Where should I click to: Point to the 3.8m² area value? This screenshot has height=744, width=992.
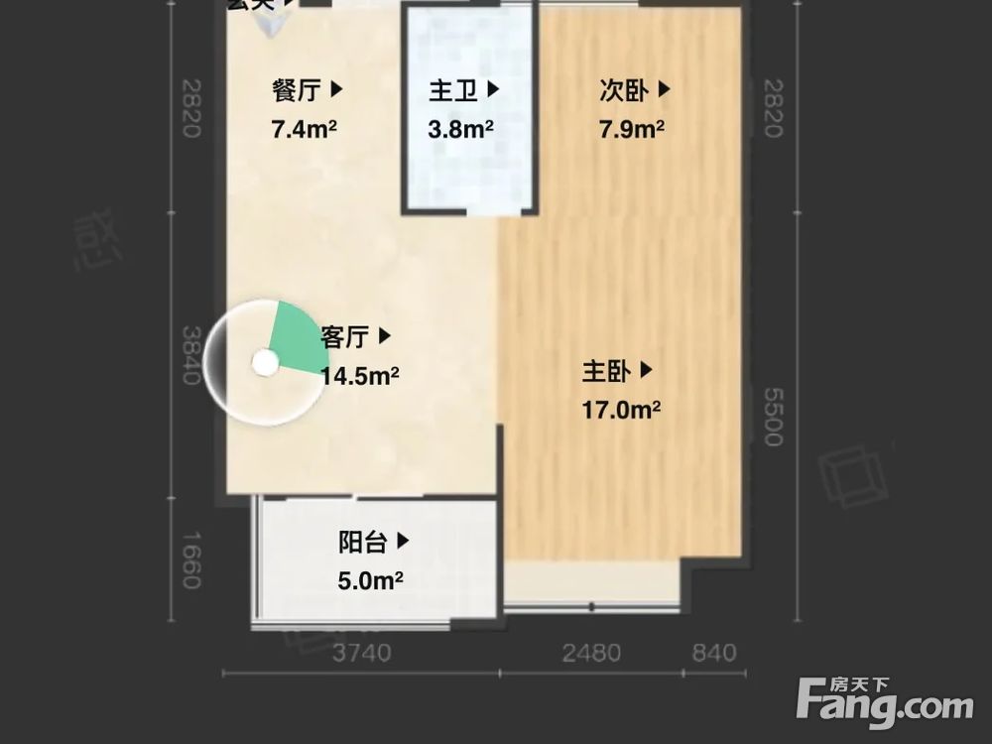[x=461, y=129]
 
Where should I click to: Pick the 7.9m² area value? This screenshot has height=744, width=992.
[x=632, y=129]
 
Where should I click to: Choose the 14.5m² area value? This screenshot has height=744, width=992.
[x=359, y=375]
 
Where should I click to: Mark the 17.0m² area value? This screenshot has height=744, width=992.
[x=621, y=409]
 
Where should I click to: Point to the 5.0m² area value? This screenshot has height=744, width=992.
[x=369, y=580]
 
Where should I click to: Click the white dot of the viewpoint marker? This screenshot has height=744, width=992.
[x=264, y=363]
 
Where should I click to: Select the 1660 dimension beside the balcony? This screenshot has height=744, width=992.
[x=191, y=559]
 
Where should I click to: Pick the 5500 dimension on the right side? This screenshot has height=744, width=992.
[x=773, y=417]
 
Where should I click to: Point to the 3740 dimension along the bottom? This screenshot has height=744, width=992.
[x=361, y=653]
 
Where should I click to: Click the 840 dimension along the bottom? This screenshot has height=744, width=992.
[x=714, y=653]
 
